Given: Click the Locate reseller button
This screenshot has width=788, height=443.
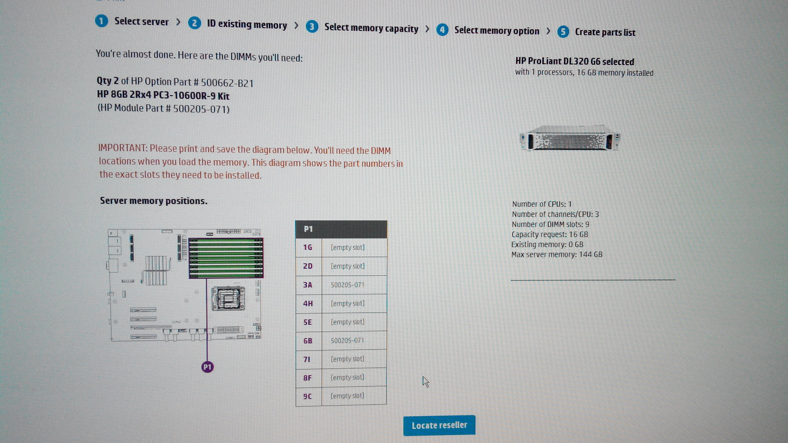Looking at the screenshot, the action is point(439,425).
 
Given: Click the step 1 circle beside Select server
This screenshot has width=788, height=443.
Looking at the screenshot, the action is point(101,21).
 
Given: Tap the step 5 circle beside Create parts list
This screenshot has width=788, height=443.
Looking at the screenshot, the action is point(563,32).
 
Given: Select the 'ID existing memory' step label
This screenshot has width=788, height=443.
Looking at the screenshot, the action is point(247,24).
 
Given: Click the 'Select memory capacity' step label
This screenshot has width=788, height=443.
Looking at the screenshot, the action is point(371,28).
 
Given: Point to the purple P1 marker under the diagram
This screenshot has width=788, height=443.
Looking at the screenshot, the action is point(207,367).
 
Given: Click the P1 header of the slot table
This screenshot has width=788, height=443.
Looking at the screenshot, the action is point(341,229).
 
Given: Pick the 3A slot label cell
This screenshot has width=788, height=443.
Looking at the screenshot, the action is point(308,285).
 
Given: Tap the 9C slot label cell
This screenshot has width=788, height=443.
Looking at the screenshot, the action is point(308,396).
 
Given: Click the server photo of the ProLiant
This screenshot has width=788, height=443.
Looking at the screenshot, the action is point(570,138).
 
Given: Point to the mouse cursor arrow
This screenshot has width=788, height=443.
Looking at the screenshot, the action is point(425,382).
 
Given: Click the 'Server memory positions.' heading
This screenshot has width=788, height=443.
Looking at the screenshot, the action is point(154,201).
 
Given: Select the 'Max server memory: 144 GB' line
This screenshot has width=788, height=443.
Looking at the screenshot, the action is point(557,254).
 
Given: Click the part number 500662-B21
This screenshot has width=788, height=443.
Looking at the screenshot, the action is point(227,83).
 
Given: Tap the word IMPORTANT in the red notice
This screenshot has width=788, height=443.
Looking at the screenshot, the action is point(123,148).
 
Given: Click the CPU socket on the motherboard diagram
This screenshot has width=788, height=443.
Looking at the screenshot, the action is point(228,298).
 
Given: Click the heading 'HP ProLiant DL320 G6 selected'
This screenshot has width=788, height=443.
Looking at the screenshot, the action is point(575,61).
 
